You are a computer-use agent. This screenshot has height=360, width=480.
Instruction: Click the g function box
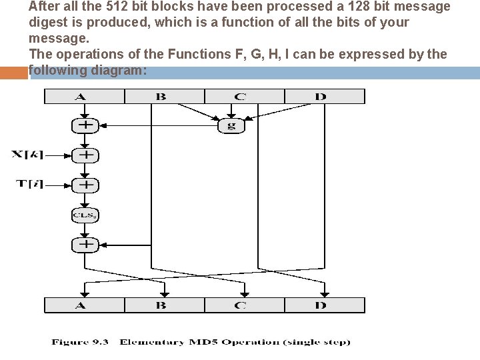(232, 125)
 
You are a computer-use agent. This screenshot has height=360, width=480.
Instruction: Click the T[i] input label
(30, 184)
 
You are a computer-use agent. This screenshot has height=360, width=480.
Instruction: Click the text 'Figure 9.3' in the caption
(80, 343)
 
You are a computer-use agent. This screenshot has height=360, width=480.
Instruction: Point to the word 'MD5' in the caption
(200, 343)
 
